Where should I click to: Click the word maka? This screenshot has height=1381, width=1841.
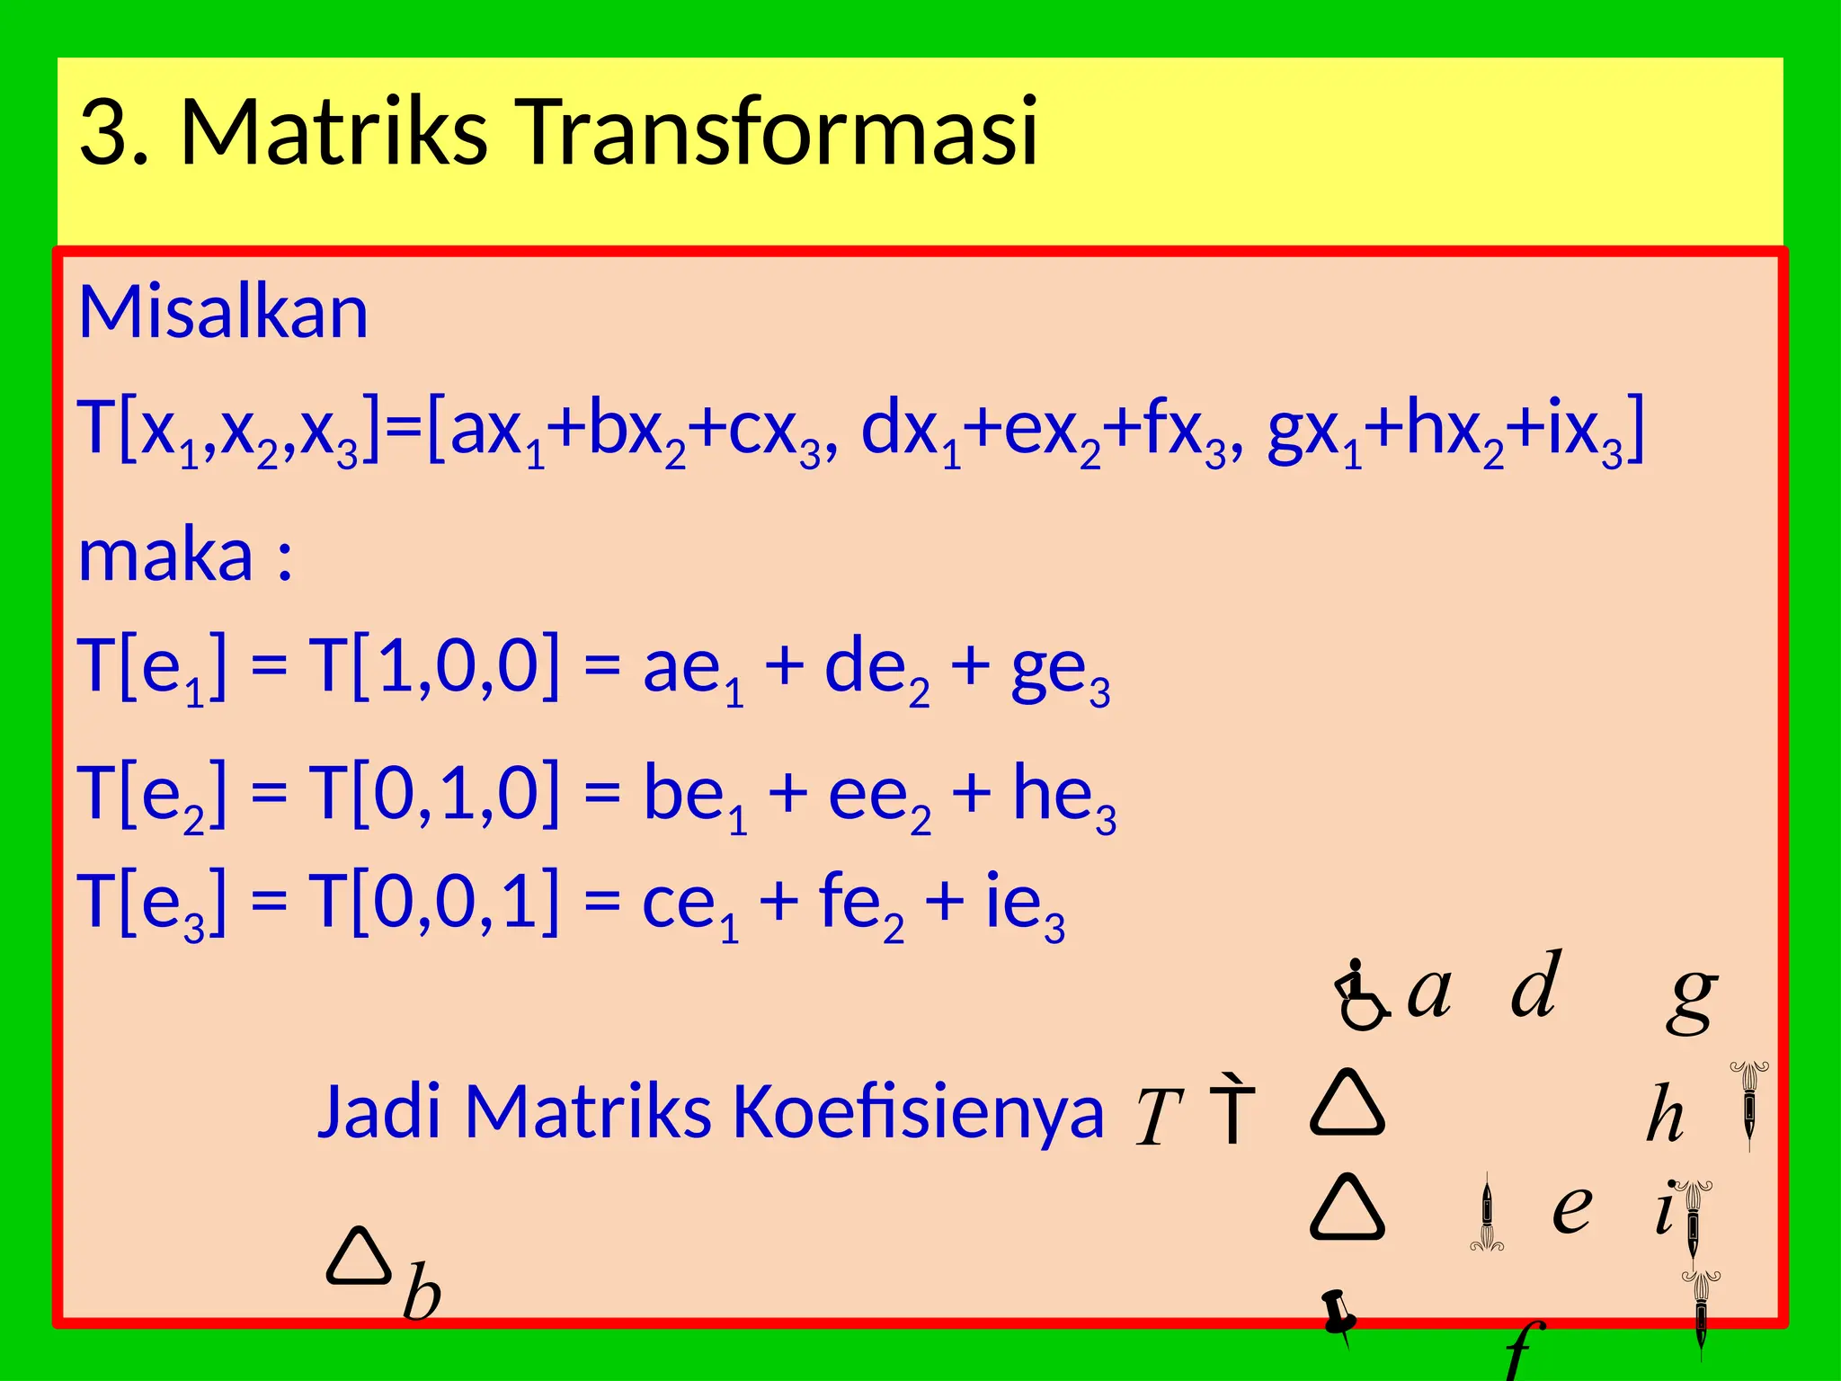pyautogui.click(x=166, y=556)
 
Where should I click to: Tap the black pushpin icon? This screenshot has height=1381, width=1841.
pyautogui.click(x=1339, y=1317)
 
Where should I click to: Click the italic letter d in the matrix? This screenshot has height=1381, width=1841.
pyautogui.click(x=1535, y=985)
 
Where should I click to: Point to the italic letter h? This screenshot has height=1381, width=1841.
pyautogui.click(x=1665, y=1114)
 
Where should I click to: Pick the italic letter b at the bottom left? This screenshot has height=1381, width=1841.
pyautogui.click(x=422, y=1292)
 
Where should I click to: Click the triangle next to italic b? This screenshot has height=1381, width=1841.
pyautogui.click(x=359, y=1256)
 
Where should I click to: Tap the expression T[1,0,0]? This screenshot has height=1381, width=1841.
pyautogui.click(x=434, y=665)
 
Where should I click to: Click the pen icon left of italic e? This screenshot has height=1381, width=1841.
pyautogui.click(x=1487, y=1213)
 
